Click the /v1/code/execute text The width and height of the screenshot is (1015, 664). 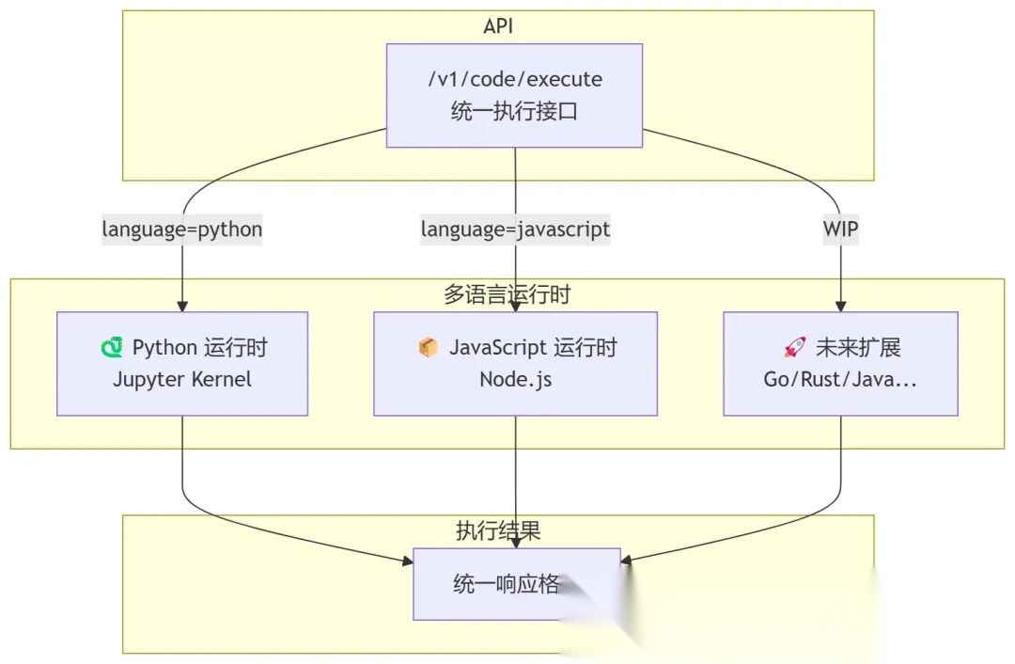coord(514,79)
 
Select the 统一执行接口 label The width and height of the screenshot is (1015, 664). coord(514,112)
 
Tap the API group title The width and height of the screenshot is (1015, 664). coord(498,26)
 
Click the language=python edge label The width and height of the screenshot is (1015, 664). coord(181,229)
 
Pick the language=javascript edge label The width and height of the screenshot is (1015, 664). coord(515,229)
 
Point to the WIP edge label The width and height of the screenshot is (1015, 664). coord(839,229)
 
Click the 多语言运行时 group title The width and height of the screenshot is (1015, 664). coord(507,294)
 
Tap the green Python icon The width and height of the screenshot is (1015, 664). coord(112,348)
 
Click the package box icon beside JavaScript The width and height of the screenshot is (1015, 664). coord(428,348)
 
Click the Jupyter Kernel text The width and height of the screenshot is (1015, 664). coord(182,380)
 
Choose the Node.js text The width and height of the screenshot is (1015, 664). coord(515,380)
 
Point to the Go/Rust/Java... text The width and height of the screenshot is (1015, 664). coord(840,380)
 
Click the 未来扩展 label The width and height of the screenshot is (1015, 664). coord(858,348)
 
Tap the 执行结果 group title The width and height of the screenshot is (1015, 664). coord(498,530)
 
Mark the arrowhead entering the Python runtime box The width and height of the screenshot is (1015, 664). coord(182,307)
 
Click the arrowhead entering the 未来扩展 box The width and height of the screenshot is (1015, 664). coord(840,307)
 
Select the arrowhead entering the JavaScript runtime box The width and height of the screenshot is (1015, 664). coord(515,307)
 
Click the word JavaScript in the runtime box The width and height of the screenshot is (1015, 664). coord(497,348)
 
